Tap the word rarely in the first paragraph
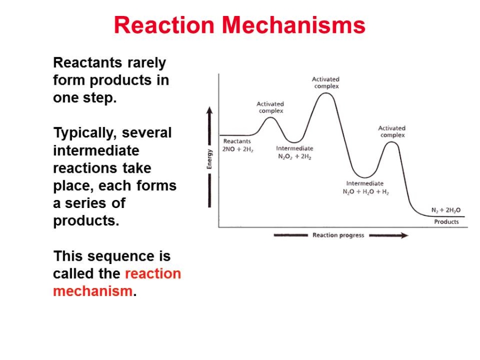pos(147,63)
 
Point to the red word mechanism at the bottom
pos(93,291)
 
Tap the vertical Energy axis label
pos(210,159)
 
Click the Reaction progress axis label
pos(338,235)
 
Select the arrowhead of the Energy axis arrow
pos(210,110)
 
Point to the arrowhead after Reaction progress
pos(405,235)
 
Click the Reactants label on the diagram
pos(237,141)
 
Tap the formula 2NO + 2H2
pos(238,149)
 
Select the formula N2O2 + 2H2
pos(294,157)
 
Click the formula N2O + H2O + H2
pos(366,192)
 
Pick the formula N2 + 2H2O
pos(446,210)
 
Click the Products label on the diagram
pos(446,222)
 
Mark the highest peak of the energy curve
pos(326,93)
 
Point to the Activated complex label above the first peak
pos(270,107)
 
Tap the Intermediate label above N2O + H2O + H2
pos(365,183)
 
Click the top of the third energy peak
pos(391,142)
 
